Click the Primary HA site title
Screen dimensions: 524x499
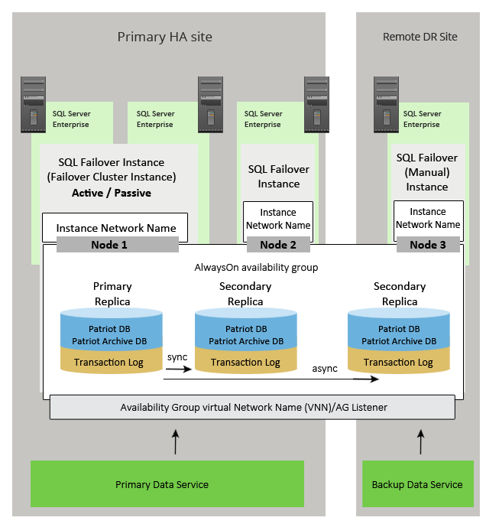tap(164, 37)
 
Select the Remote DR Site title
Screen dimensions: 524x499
tap(420, 37)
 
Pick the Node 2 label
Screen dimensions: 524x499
tap(278, 245)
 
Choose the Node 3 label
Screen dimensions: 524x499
tap(428, 245)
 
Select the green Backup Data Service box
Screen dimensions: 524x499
tap(416, 484)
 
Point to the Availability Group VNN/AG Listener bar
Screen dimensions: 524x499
tap(253, 408)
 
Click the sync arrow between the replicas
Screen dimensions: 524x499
tap(177, 369)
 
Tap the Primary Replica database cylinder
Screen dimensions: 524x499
tap(112, 340)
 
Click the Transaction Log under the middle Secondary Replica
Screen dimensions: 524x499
tap(245, 363)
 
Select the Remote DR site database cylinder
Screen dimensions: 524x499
tap(398, 340)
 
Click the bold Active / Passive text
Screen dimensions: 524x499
tap(112, 193)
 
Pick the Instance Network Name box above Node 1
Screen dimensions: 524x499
tap(115, 228)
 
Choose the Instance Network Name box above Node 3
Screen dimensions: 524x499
tap(428, 218)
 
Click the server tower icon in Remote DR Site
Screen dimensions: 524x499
tap(387, 106)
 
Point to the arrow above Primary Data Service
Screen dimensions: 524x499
tap(176, 441)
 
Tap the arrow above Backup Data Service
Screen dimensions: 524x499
tap(420, 441)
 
